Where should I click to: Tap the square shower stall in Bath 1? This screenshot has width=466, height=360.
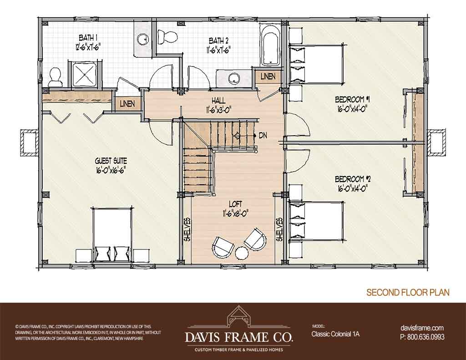click(84, 74)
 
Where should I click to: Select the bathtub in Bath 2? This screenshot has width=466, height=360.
click(270, 45)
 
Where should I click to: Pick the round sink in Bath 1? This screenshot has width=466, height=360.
click(142, 38)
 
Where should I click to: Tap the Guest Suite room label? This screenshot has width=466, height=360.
click(111, 161)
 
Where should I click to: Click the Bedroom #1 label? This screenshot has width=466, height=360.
click(353, 99)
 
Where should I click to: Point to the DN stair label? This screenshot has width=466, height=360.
click(263, 136)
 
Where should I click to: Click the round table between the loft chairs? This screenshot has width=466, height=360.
click(241, 254)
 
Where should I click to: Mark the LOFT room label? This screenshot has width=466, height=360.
click(235, 204)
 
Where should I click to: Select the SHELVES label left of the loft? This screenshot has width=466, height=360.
click(187, 230)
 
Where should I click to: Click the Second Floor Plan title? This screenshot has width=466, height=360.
click(408, 292)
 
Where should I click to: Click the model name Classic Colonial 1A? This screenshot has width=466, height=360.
click(335, 334)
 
